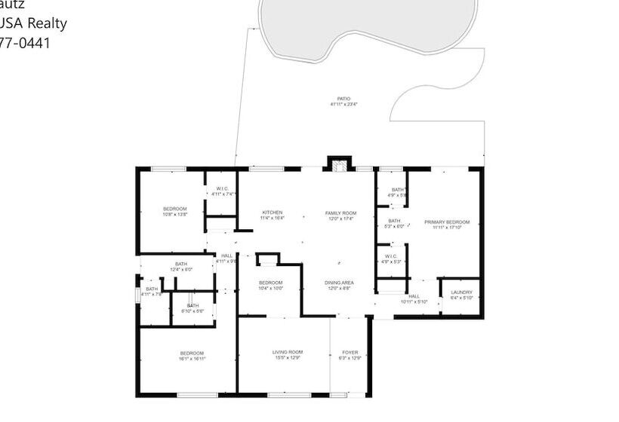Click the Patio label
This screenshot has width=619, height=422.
[x=343, y=102]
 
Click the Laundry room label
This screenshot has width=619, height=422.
[x=461, y=295]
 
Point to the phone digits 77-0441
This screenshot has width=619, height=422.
[x=26, y=43]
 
